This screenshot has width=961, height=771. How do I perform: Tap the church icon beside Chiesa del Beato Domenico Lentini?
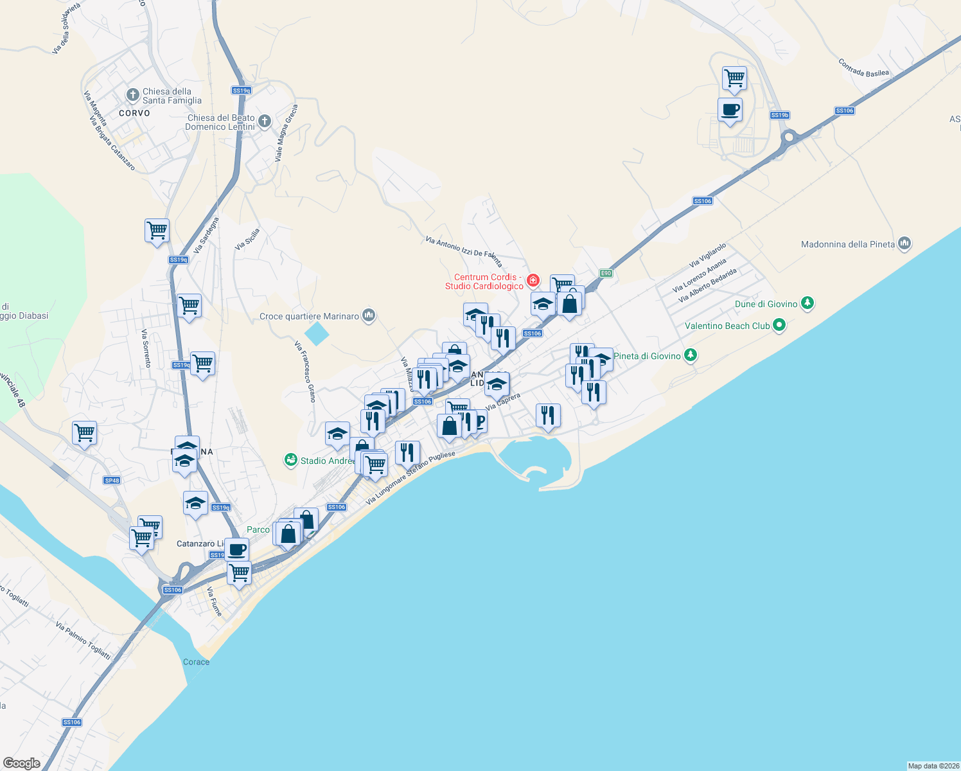264,121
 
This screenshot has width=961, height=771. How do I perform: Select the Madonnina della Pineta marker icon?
904,244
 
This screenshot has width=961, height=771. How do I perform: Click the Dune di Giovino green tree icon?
807,303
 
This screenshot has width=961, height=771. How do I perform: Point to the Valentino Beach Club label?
727,326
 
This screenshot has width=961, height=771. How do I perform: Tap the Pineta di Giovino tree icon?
691,355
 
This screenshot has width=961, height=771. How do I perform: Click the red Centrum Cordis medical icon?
533,280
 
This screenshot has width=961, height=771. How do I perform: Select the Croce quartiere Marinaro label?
309,316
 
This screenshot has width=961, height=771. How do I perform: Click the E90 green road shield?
605,273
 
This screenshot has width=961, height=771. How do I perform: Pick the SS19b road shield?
779,115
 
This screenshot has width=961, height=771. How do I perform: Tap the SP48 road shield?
112,480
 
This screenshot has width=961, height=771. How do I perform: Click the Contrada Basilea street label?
863,68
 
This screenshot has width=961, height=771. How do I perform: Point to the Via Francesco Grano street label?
305,372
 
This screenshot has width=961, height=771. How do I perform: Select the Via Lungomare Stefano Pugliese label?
410,477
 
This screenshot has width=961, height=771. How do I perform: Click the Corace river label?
196,662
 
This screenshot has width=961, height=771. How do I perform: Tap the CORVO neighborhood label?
134,113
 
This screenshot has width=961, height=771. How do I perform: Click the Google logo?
22,763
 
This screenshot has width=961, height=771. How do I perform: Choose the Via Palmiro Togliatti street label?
83,641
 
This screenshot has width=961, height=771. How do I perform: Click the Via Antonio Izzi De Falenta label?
464,250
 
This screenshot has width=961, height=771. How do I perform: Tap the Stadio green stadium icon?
291,460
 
